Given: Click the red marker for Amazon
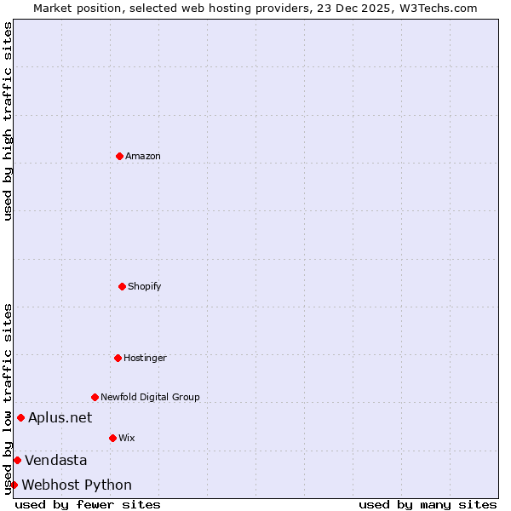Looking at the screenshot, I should pos(119,156).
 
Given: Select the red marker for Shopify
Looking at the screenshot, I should pos(122,286).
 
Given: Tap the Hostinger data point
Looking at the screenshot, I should pos(118,358).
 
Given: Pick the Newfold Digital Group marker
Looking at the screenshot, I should pos(95,397).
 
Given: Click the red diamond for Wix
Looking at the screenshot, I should pos(112,438).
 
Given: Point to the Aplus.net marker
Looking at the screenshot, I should pos(20,417).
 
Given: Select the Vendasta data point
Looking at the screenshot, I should pos(17,460).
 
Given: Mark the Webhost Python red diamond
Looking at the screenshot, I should pos(14,485).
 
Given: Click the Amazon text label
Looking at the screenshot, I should pos(143,156).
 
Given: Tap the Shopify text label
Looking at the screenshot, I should pos(145,286).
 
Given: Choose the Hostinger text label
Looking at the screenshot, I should pos(145,358).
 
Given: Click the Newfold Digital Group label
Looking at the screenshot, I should pos(150,397).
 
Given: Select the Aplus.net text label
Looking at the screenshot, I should pos(60,417).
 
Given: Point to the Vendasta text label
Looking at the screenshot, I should pos(55,460).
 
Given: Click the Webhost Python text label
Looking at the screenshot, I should pos(77,485).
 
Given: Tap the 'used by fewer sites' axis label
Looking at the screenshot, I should pos(88,504).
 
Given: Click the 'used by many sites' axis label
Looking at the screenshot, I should pos(428,504).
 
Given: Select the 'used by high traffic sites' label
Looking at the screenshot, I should pos(8,121).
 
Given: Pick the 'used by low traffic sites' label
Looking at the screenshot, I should pos(8,399).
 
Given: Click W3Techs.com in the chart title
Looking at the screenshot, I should pos(435,8).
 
